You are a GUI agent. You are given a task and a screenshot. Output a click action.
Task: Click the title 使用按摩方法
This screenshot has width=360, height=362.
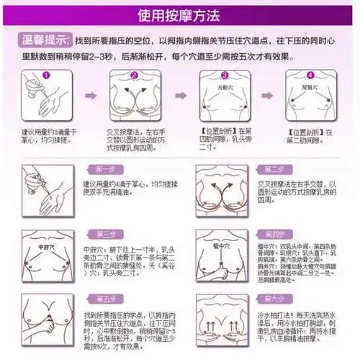[x=179, y=15]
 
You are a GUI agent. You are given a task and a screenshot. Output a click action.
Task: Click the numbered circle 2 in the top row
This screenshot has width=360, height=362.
[x=133, y=76]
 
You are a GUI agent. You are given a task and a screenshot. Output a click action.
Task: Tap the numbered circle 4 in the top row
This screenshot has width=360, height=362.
[x=310, y=76]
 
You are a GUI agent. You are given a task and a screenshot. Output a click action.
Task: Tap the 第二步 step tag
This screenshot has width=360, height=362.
[x=273, y=170]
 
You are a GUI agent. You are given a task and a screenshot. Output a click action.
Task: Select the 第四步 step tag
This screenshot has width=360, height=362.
[x=273, y=235]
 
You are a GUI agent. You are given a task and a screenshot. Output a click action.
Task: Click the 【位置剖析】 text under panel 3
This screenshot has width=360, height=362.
[x=216, y=132]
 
